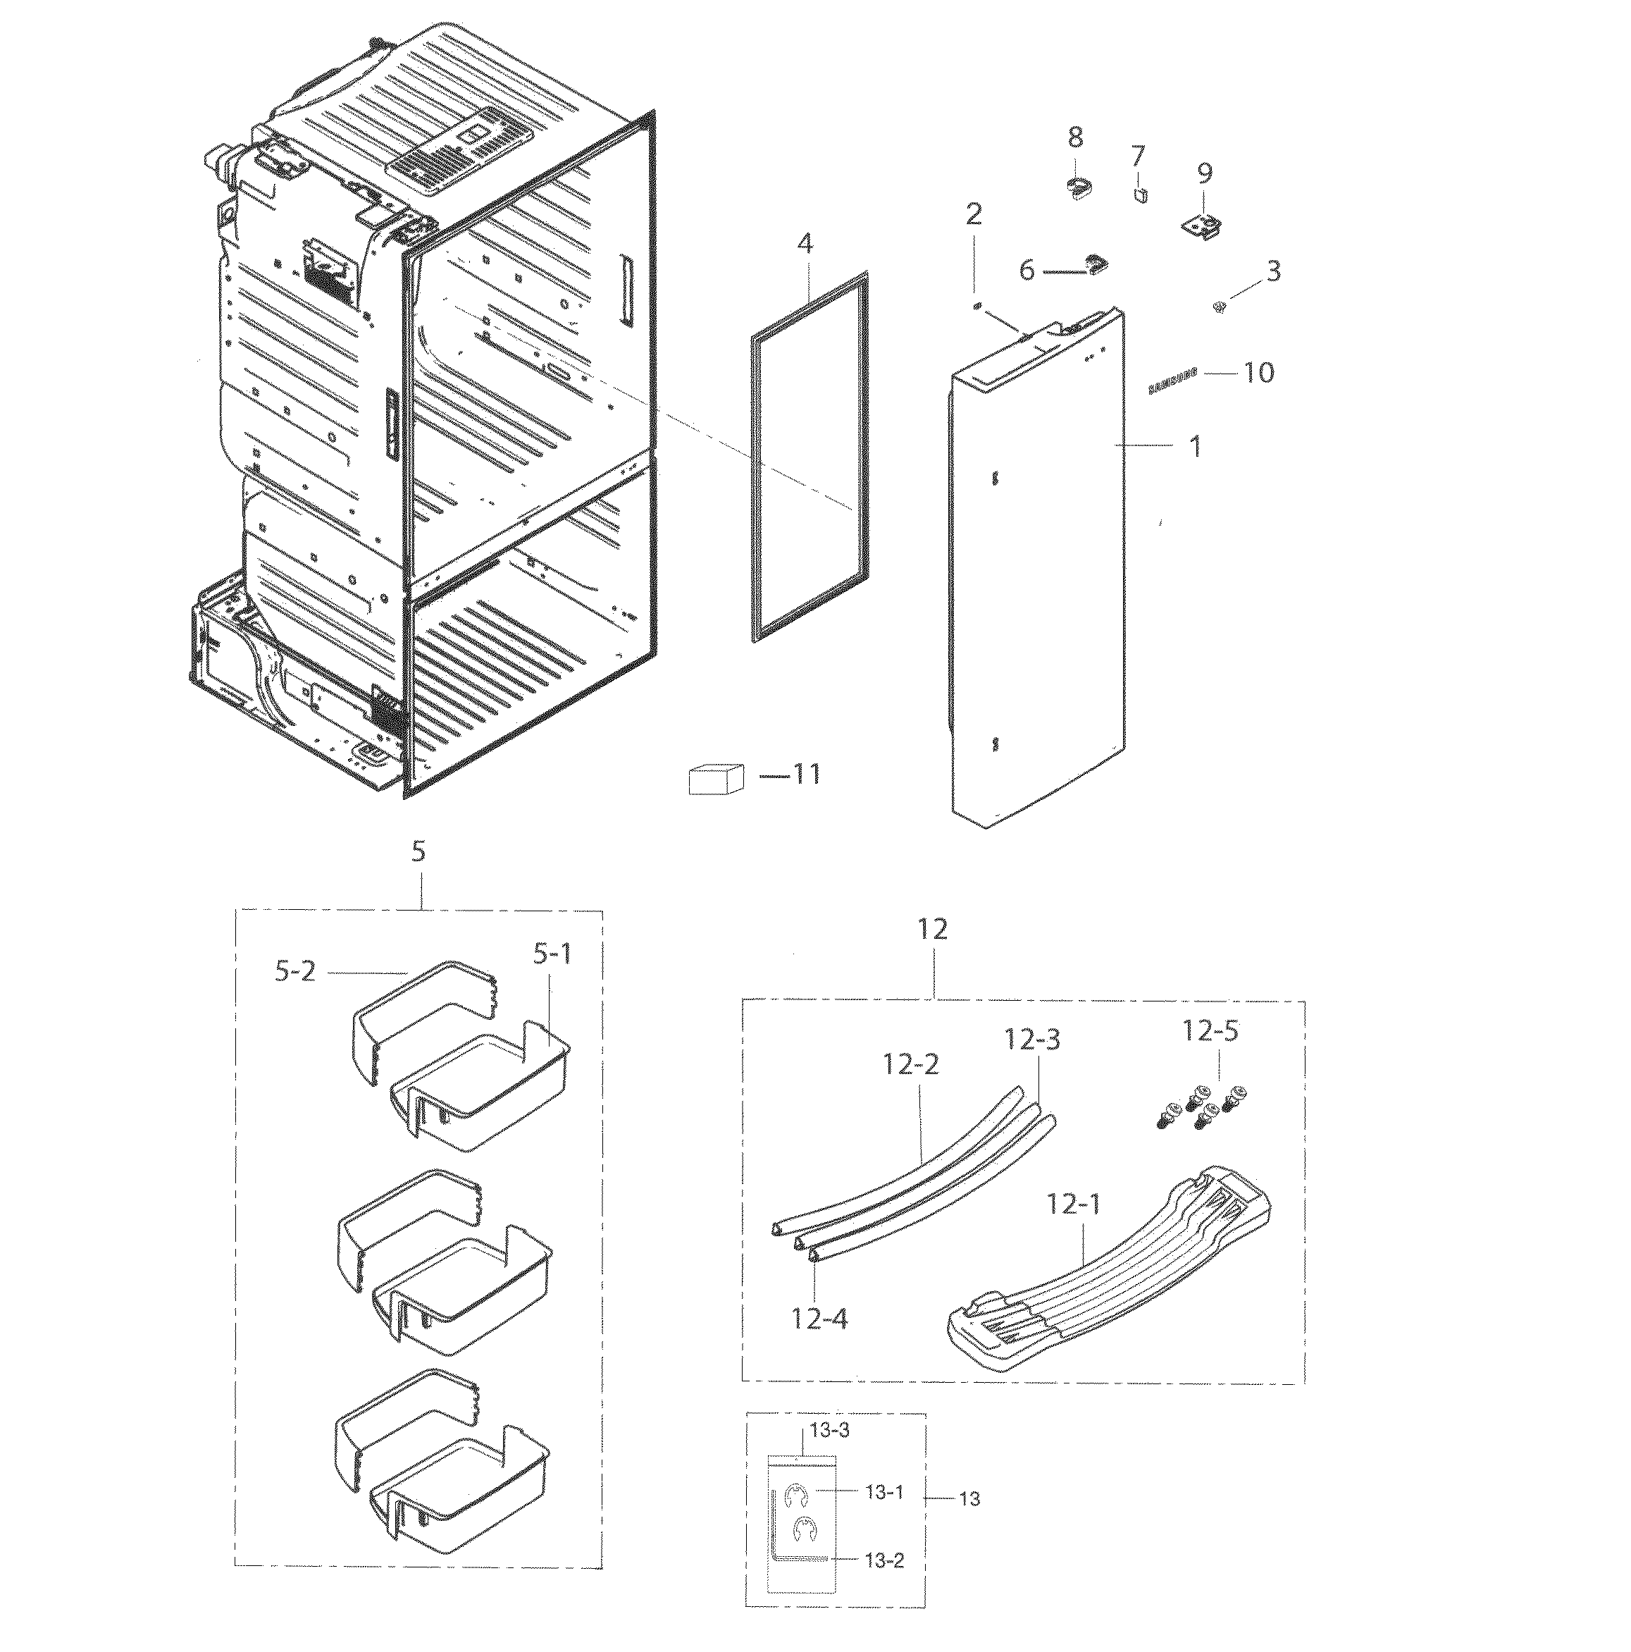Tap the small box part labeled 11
pos(714,778)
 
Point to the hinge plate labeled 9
pos(1203,228)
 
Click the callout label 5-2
pos(295,972)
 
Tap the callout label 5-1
pos(552,954)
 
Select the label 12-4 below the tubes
pos(819,1318)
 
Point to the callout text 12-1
pos(1073,1206)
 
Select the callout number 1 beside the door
pos(1195,445)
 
